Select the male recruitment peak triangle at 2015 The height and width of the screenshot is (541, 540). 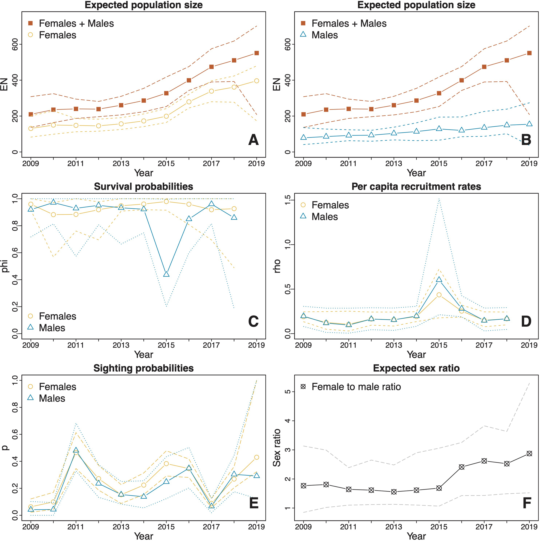tap(439, 279)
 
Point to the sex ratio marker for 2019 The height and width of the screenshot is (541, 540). tap(529, 454)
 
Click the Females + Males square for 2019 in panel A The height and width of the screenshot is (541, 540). tap(256, 53)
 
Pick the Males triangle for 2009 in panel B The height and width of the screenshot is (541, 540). tap(303, 137)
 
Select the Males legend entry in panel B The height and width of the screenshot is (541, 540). tap(324, 35)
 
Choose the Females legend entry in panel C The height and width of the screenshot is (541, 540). tap(57, 316)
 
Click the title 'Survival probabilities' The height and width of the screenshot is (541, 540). tap(143, 187)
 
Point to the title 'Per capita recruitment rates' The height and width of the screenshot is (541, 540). tap(416, 187)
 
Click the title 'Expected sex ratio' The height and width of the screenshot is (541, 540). tap(416, 368)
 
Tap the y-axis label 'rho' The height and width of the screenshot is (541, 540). tap(277, 266)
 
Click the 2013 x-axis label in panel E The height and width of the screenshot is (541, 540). tap(121, 527)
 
